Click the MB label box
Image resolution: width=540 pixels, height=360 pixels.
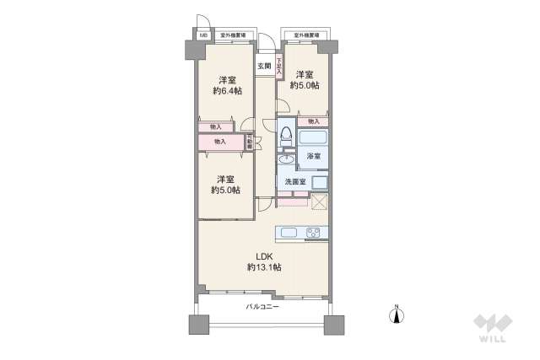[203, 36]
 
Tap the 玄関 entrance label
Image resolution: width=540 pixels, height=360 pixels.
[263, 66]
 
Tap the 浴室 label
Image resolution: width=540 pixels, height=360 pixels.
[313, 157]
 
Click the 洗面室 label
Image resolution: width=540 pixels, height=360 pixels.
[294, 181]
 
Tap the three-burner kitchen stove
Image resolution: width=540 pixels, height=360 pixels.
[315, 233]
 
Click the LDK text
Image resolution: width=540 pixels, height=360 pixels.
[264, 256]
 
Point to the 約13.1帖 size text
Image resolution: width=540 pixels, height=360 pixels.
[264, 267]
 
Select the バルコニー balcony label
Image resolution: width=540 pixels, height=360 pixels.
[262, 307]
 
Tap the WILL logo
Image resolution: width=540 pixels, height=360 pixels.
[493, 330]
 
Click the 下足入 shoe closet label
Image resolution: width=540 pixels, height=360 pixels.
[279, 66]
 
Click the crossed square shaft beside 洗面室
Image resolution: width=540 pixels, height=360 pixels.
[319, 201]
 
